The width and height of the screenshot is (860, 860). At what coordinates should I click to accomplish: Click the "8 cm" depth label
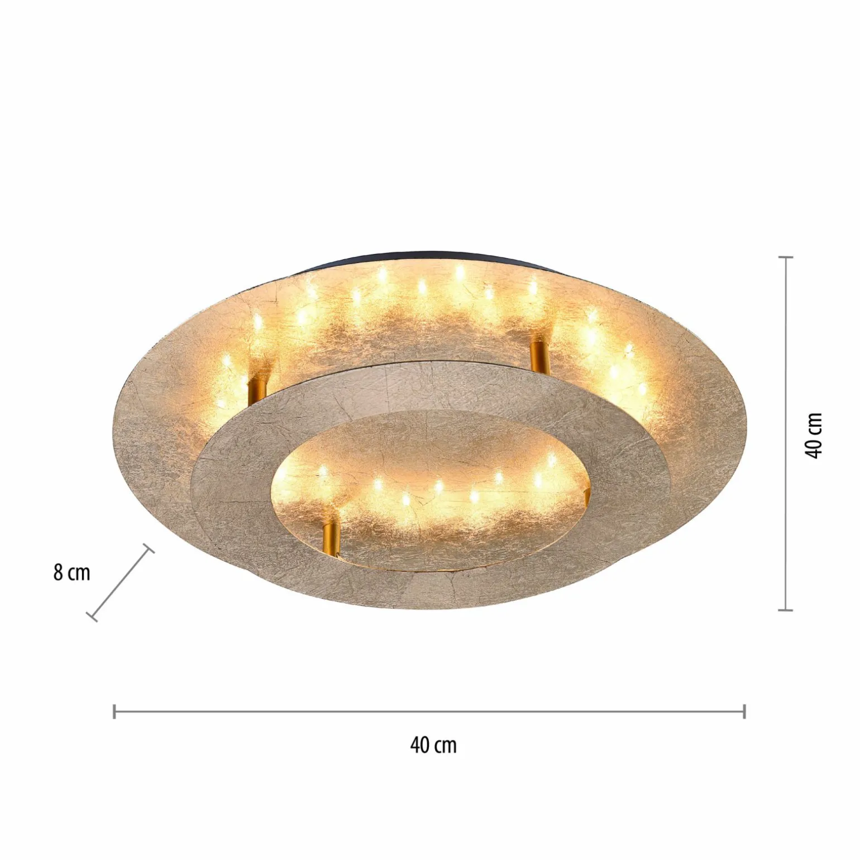71,573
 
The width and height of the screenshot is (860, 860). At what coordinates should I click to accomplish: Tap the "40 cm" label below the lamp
433,745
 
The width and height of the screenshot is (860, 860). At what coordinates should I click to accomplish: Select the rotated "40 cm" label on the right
815,436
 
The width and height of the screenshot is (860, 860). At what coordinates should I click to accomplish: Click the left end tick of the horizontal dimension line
114,711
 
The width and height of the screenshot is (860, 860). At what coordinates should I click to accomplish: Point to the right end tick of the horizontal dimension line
744,711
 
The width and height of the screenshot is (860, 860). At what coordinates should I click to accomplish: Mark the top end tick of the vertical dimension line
786,257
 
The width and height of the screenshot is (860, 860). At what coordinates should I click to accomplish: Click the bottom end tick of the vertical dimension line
786,610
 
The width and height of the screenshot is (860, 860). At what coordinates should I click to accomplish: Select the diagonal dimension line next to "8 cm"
120,582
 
